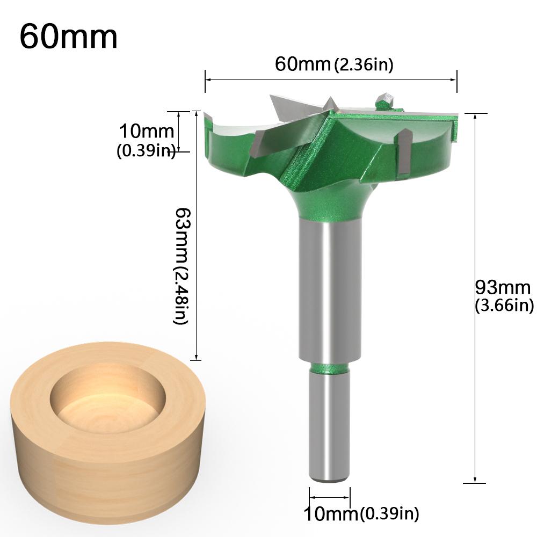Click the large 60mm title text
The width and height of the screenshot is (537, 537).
(x=68, y=37)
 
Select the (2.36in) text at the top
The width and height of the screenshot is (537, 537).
(x=364, y=65)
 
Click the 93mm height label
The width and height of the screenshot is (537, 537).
(x=503, y=288)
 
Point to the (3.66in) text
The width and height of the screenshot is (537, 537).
(x=504, y=306)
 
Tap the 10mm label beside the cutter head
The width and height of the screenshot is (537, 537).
(x=147, y=131)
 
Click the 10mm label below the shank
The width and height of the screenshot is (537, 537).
(x=331, y=514)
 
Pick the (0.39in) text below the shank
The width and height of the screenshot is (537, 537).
(x=389, y=514)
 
